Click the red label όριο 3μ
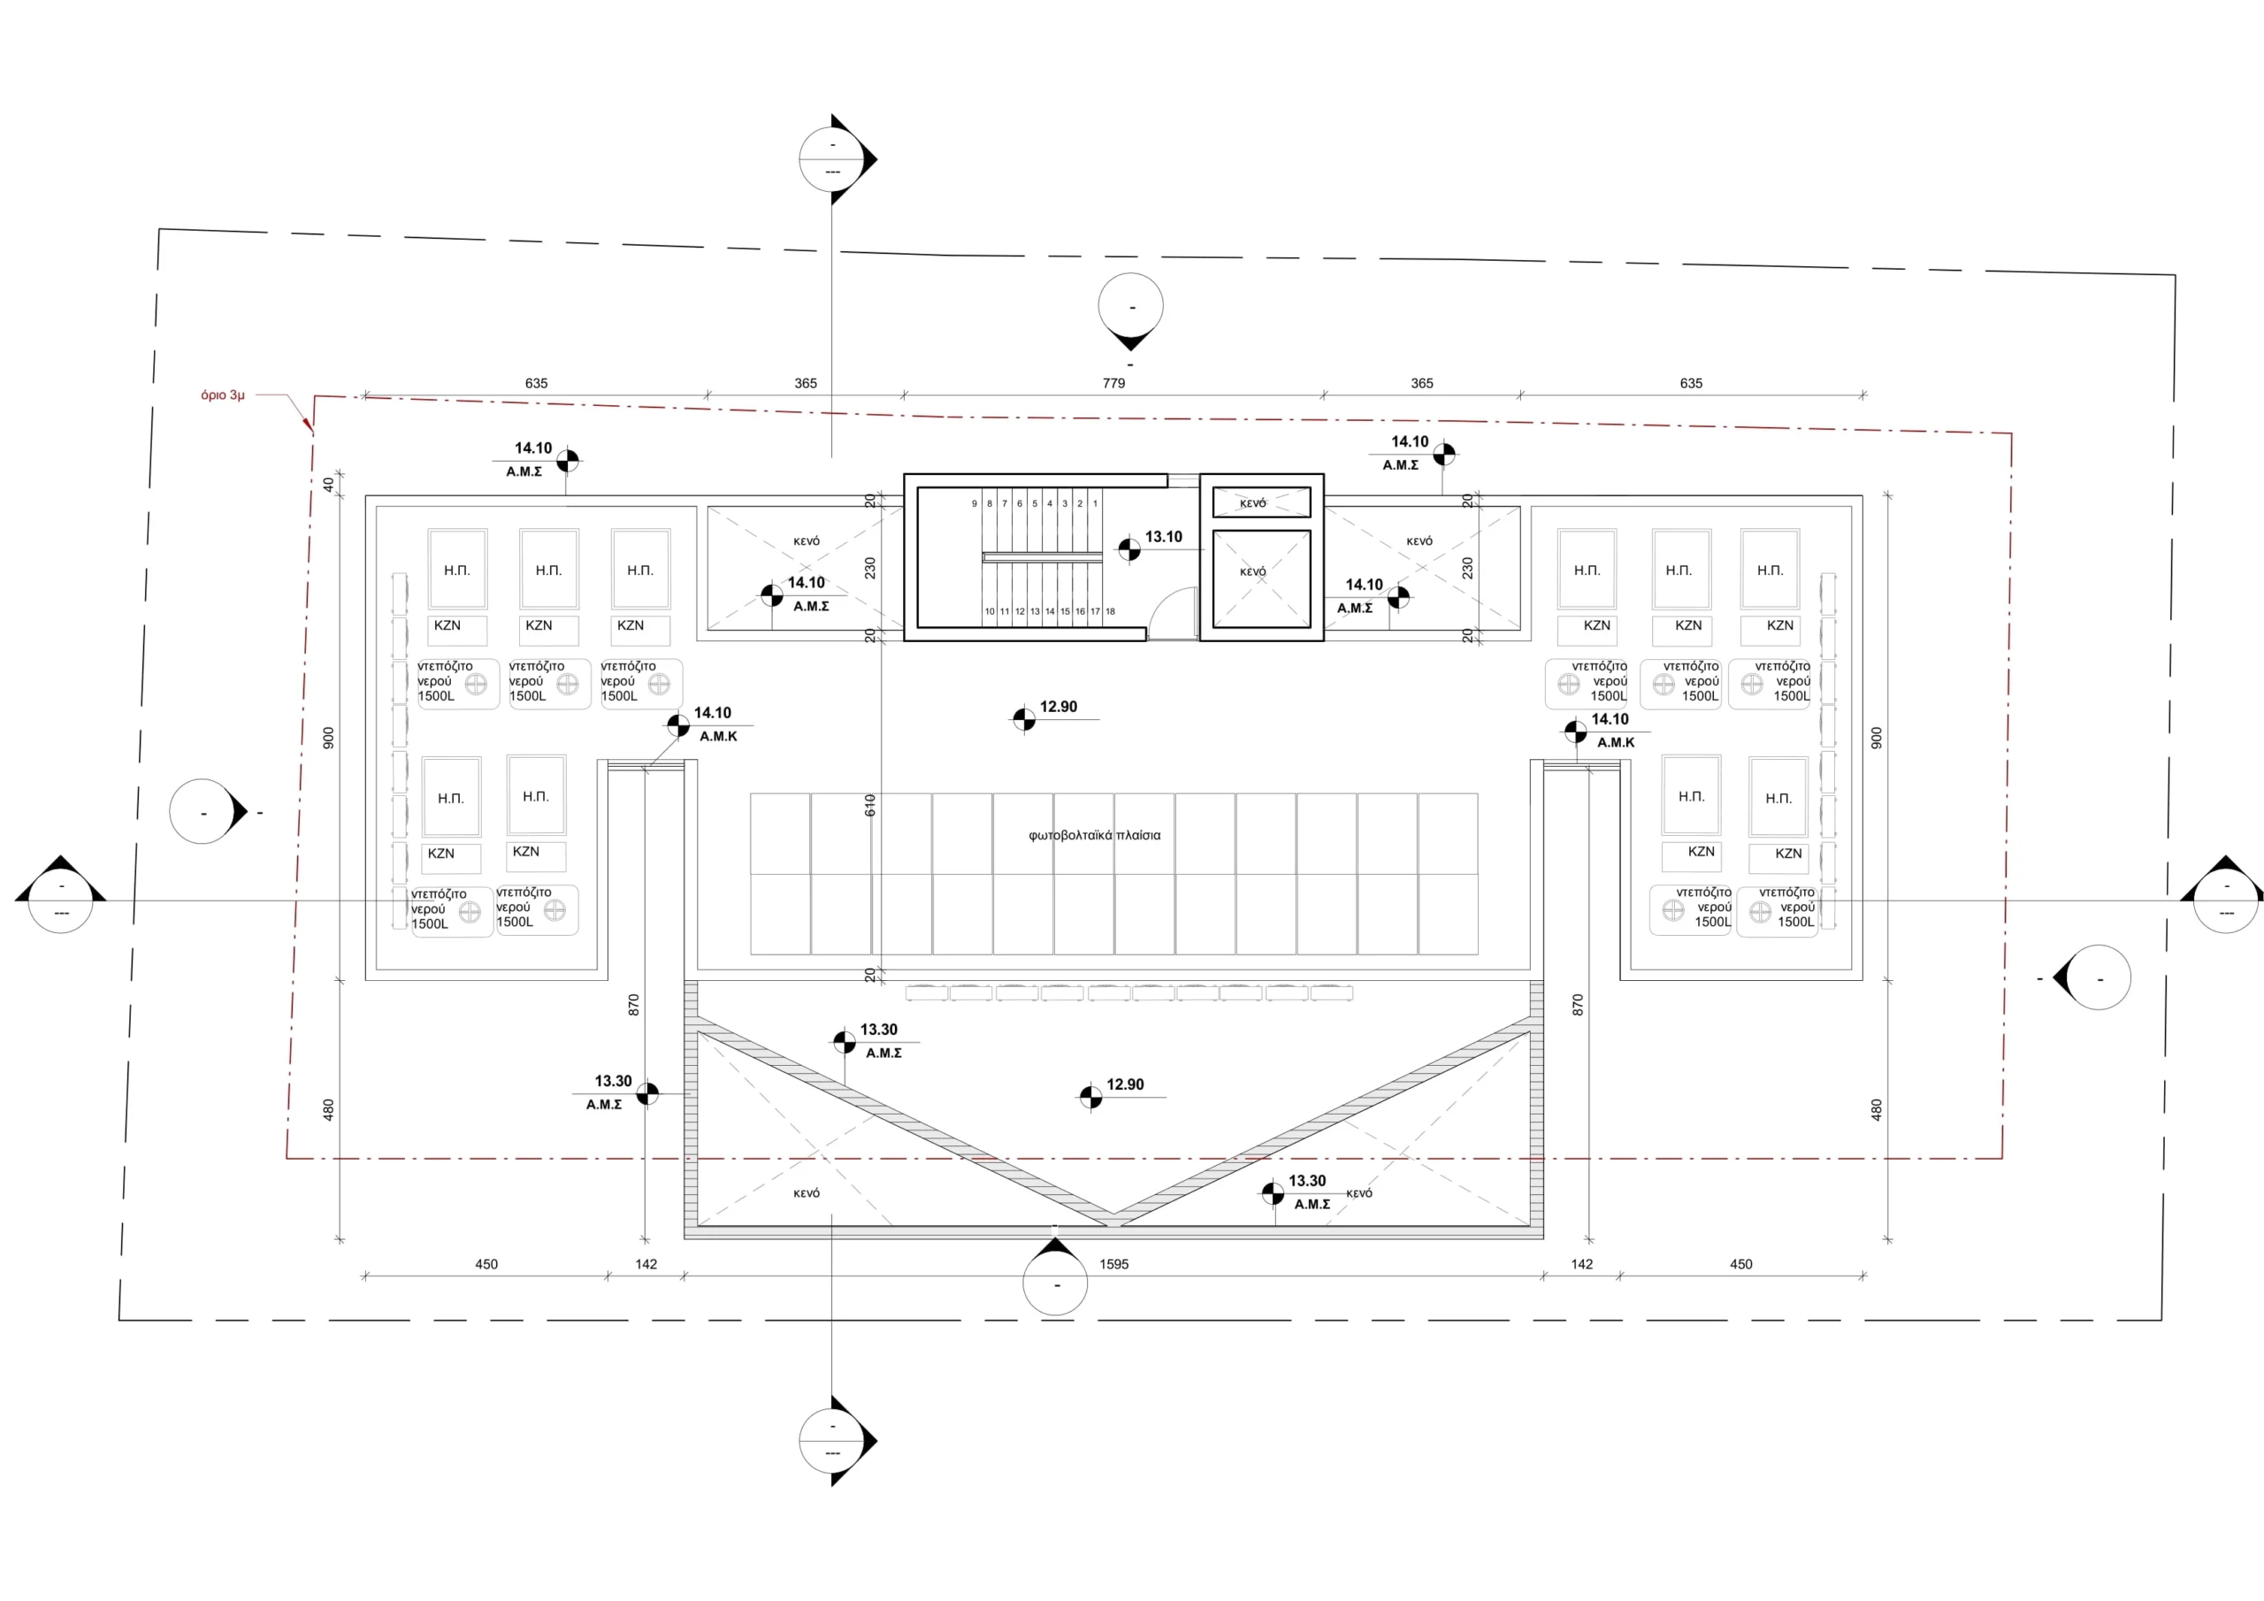point(222,395)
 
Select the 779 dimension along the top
point(1113,384)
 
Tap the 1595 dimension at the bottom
point(1113,1264)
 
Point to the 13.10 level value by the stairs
point(1164,538)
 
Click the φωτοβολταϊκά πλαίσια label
point(1094,836)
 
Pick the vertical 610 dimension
point(869,805)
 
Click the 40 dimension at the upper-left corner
point(328,485)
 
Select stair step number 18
point(1110,611)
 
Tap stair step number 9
point(975,504)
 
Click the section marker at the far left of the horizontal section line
point(61,899)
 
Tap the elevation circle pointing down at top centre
point(1131,308)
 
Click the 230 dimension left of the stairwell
point(869,568)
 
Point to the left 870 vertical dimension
point(633,1005)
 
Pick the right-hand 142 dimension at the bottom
point(1581,1264)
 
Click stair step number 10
point(990,611)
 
